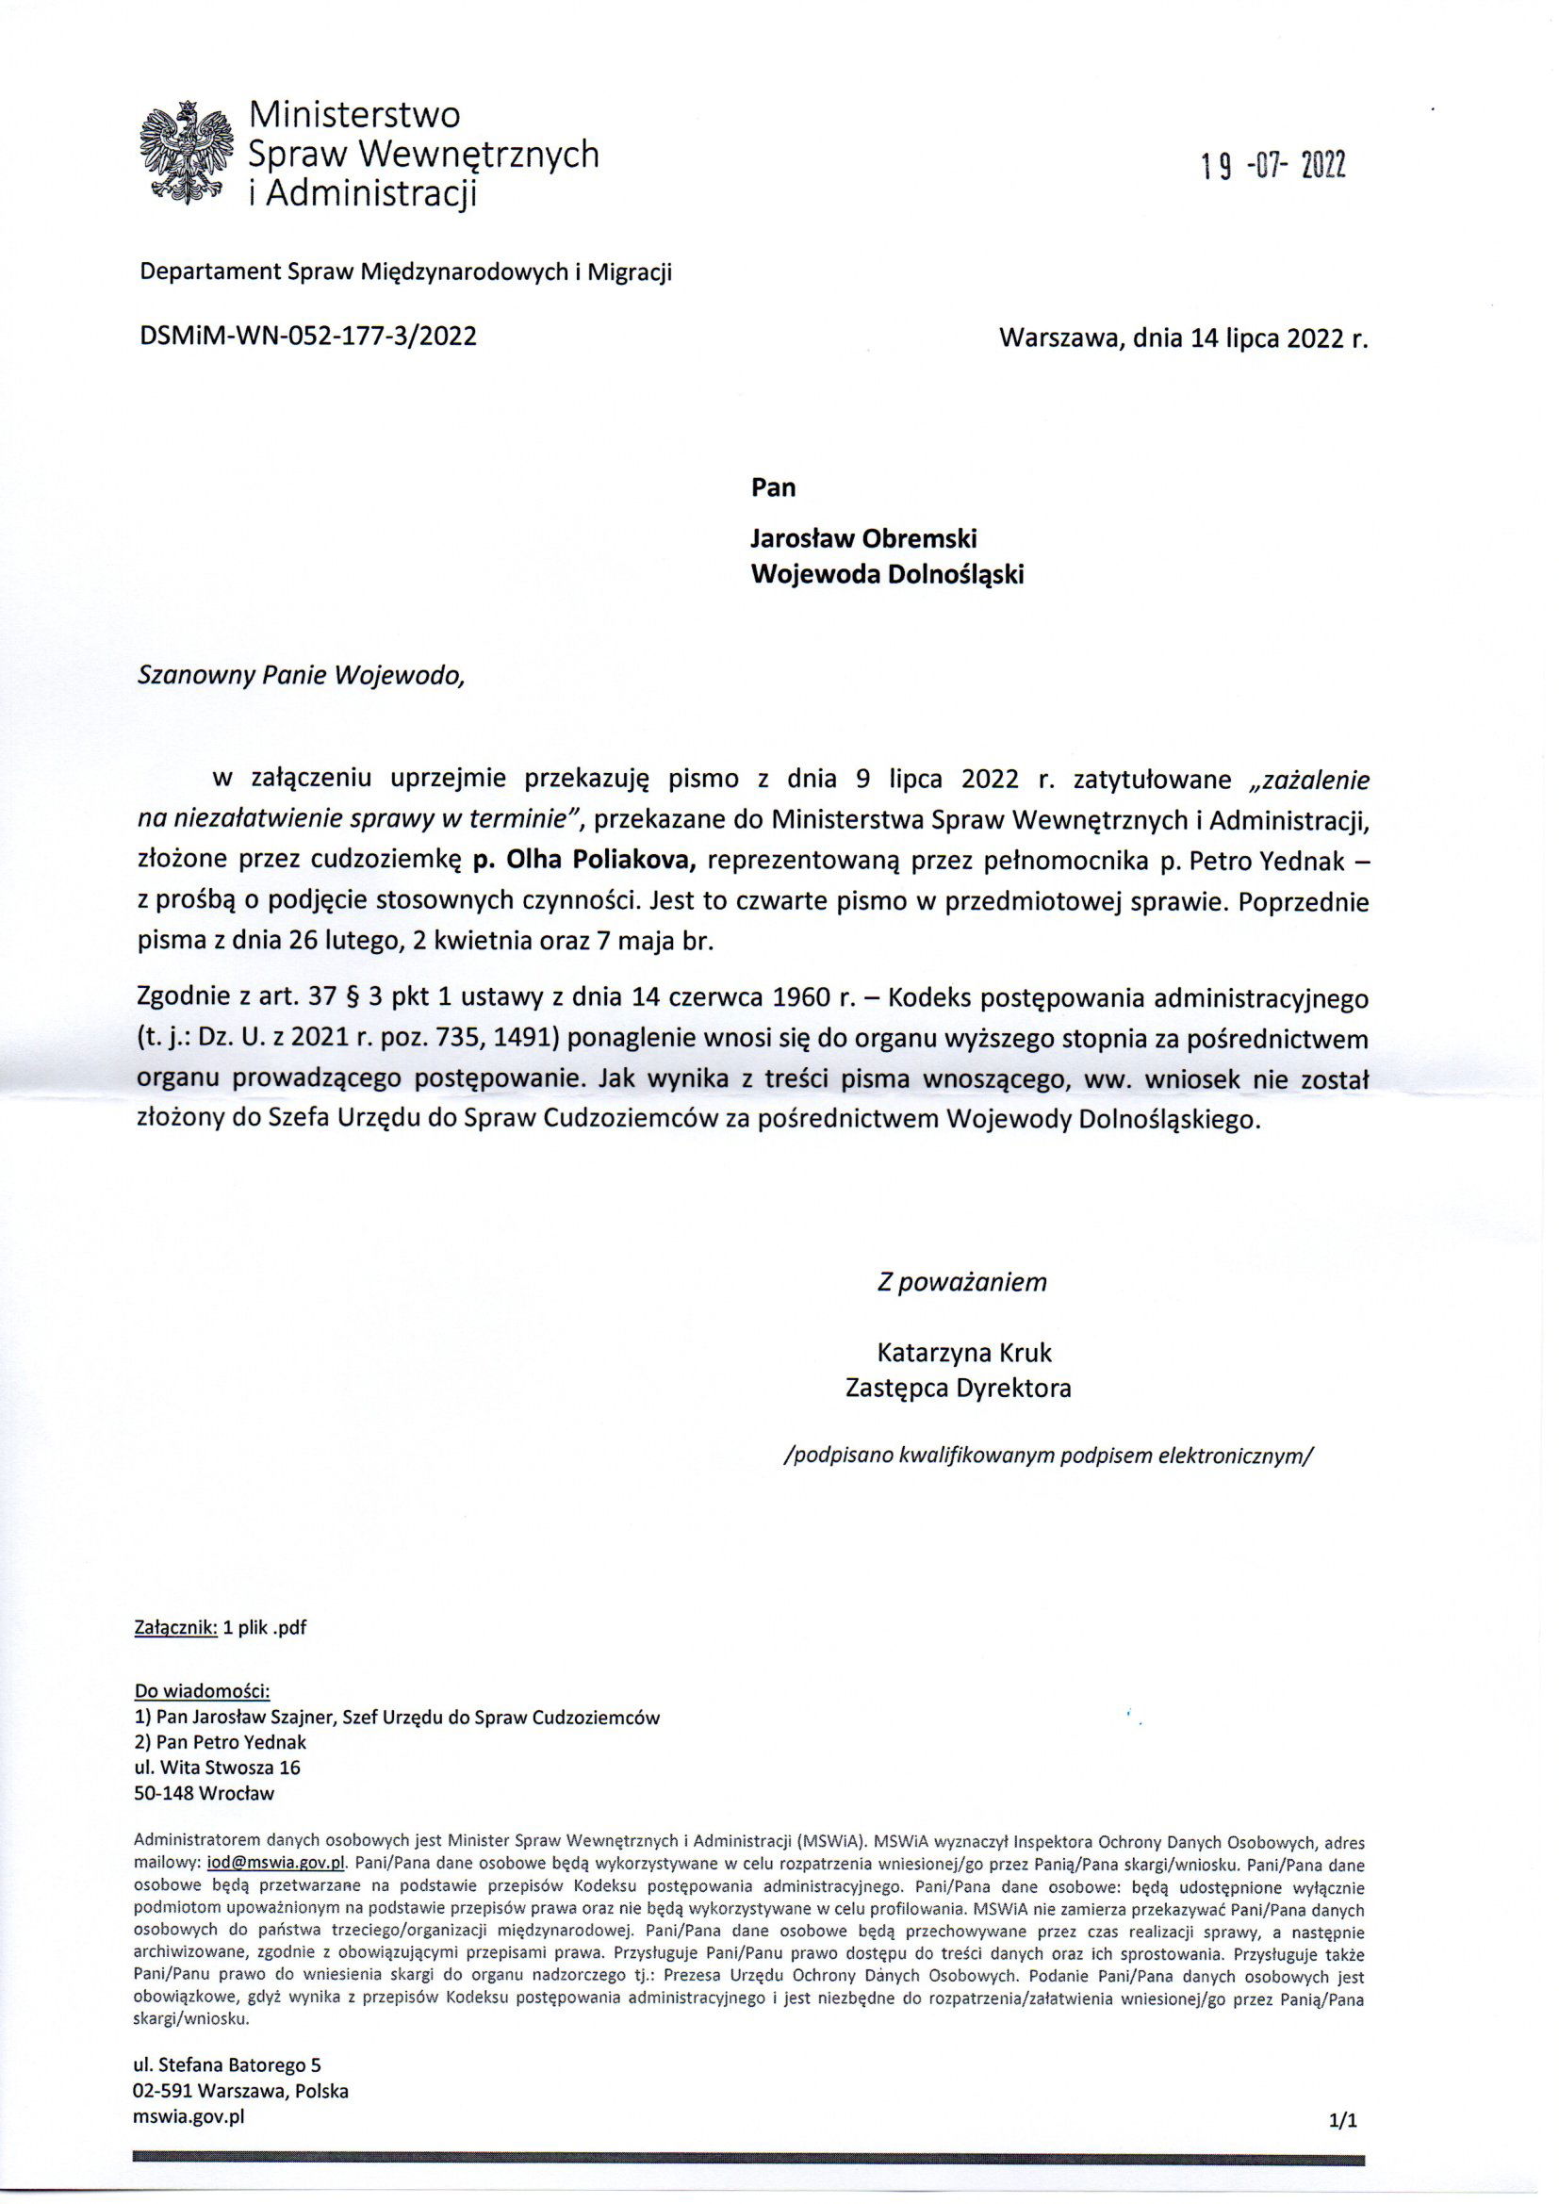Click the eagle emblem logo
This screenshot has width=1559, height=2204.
coord(187,153)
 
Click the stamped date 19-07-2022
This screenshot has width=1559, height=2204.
coord(1272,168)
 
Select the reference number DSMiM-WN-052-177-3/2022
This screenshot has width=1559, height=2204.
coord(308,337)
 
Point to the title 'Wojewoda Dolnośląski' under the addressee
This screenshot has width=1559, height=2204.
coord(887,574)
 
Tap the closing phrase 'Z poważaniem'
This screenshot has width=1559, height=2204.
coord(962,1282)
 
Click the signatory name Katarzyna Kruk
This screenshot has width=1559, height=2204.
coord(964,1353)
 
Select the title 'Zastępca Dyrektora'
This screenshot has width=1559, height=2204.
coord(958,1387)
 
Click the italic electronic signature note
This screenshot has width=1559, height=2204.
coord(1047,1455)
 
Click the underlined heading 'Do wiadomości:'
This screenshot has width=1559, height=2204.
coord(203,1691)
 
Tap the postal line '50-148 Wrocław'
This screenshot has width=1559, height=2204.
coord(205,1792)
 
